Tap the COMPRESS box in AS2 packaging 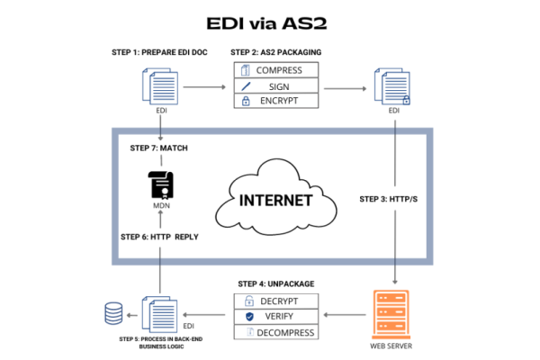(276, 69)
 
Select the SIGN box (276, 85)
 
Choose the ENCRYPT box (276, 101)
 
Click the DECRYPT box (276, 301)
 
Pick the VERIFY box (276, 317)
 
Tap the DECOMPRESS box (276, 333)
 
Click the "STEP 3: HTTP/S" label (390, 198)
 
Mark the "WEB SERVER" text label (396, 346)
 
